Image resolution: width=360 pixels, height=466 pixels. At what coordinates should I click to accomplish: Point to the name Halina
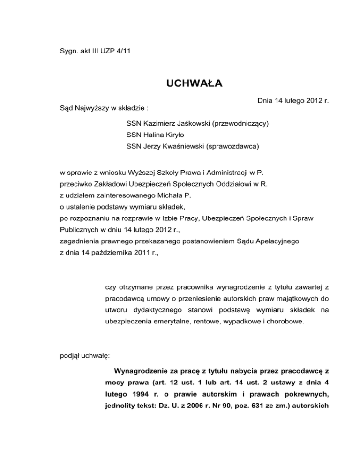[x=155, y=135]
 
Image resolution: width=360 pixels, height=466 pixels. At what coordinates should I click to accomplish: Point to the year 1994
[x=142, y=394]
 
